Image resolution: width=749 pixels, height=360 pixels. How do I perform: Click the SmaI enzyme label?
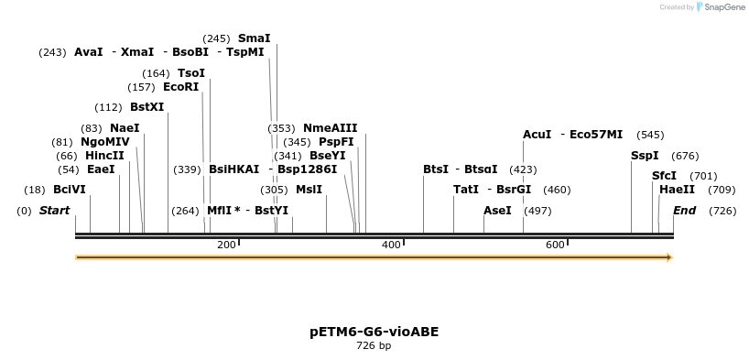click(x=254, y=38)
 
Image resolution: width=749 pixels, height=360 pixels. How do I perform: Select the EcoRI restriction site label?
click(x=180, y=87)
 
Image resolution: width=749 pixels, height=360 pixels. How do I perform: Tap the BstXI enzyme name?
click(x=147, y=107)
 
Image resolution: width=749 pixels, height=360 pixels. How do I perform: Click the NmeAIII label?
click(x=330, y=128)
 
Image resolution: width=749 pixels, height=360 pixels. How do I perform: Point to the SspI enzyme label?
click(x=645, y=156)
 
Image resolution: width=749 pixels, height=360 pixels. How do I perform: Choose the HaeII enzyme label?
click(x=677, y=190)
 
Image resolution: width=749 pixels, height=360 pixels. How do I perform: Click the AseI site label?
click(x=497, y=211)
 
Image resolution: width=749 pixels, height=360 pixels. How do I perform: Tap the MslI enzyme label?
click(x=309, y=190)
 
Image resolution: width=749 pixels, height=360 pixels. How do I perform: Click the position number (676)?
click(x=685, y=156)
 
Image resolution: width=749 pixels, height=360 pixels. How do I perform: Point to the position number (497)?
click(x=537, y=211)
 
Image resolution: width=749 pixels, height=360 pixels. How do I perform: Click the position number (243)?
click(x=52, y=52)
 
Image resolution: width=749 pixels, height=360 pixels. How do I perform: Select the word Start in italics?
click(x=54, y=211)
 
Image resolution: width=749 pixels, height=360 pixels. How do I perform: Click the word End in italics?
click(x=684, y=211)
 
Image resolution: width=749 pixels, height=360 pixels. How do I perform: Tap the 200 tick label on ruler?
click(x=226, y=245)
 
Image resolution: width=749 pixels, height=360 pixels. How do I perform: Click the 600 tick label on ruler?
click(x=555, y=245)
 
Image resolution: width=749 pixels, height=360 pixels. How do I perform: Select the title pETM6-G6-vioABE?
click(x=374, y=332)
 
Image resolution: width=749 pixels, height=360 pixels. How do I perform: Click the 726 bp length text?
click(x=374, y=346)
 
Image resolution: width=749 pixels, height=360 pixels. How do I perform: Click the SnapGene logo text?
click(x=723, y=7)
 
